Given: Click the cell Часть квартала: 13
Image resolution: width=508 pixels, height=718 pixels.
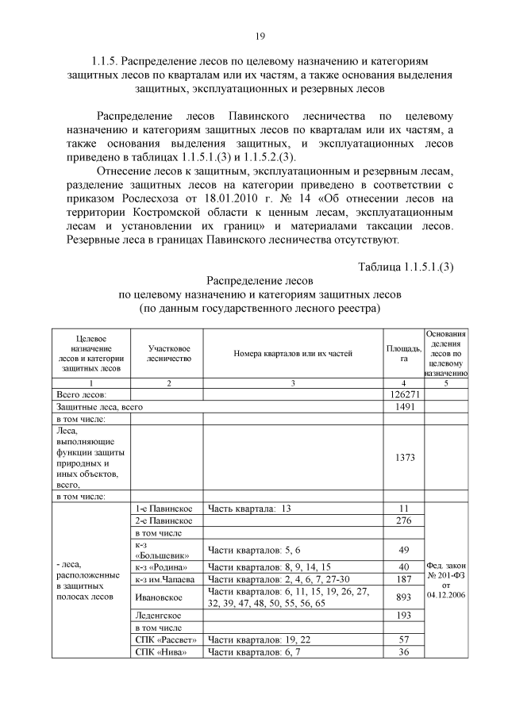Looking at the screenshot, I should pyautogui.click(x=249, y=508).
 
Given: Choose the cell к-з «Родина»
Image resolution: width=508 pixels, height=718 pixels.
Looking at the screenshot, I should pyautogui.click(x=162, y=566).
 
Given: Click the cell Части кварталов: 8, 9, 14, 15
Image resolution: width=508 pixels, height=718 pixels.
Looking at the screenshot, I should pyautogui.click(x=266, y=566).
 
